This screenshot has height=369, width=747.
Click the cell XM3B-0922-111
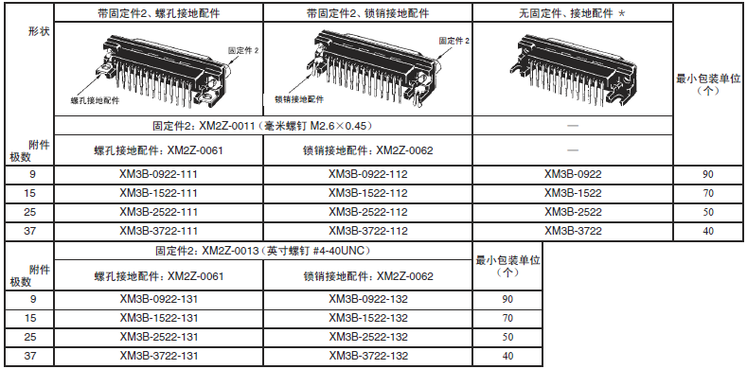coord(158,174)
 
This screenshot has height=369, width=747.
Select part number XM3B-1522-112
coord(367,193)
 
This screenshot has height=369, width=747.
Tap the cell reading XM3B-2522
coord(573,212)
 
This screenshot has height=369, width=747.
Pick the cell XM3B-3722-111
coord(158,231)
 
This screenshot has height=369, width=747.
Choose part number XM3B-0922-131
coord(159,299)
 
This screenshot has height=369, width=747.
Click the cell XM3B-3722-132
coord(367,356)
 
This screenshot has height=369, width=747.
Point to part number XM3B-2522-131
coord(159,337)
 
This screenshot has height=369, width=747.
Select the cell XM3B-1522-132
coord(367,318)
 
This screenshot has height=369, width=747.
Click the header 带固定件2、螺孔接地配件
coord(158,13)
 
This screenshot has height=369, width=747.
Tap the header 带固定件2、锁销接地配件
coord(367,13)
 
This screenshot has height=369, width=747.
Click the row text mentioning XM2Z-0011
coord(262,126)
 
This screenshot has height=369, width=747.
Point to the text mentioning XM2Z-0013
coord(262,251)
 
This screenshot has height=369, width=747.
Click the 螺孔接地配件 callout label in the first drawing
coord(95,100)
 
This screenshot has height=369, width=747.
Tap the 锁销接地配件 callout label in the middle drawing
coord(299,99)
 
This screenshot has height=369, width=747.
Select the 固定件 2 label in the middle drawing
coord(454,41)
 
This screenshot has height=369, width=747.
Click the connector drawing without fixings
coord(577,69)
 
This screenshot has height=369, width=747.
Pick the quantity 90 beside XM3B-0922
coord(708,174)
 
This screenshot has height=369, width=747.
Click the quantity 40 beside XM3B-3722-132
coord(507,356)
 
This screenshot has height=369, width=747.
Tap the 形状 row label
coord(39,32)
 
